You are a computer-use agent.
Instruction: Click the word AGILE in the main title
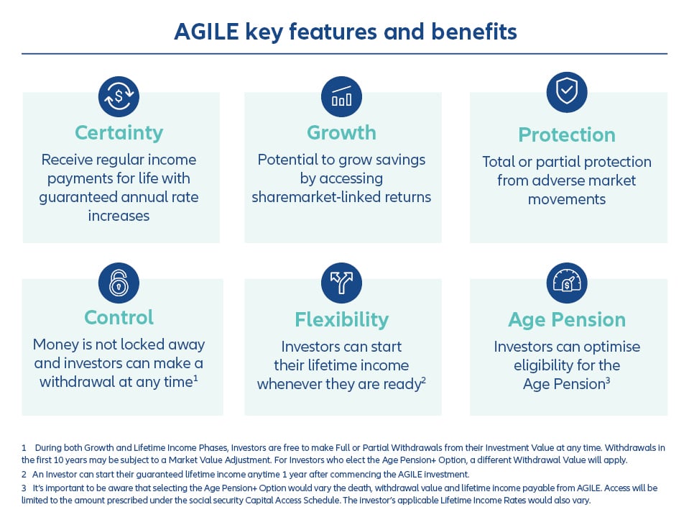click(x=206, y=32)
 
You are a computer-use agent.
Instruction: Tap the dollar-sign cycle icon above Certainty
click(x=119, y=97)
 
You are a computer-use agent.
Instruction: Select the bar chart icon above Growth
click(x=341, y=97)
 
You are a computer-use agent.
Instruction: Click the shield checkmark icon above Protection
click(x=567, y=92)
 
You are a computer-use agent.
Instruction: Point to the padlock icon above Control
click(x=119, y=283)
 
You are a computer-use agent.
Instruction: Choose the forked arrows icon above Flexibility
click(x=341, y=283)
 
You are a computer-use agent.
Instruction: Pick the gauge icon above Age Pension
click(x=567, y=283)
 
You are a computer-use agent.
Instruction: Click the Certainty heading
click(x=119, y=133)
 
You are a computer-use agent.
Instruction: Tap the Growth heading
click(x=341, y=133)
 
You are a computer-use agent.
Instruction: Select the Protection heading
click(x=567, y=134)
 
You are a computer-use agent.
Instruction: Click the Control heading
click(x=119, y=317)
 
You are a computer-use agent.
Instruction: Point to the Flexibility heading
click(x=341, y=319)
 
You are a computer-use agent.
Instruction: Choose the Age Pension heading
click(x=567, y=319)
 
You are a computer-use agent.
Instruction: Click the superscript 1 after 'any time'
click(x=195, y=378)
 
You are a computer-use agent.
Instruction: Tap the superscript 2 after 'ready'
click(x=424, y=380)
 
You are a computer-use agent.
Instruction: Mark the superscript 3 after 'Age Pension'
click(x=608, y=380)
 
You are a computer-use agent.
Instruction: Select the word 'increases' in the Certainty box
click(x=119, y=216)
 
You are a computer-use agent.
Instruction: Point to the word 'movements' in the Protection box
click(x=567, y=199)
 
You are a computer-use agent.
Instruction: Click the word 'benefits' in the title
click(x=473, y=32)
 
